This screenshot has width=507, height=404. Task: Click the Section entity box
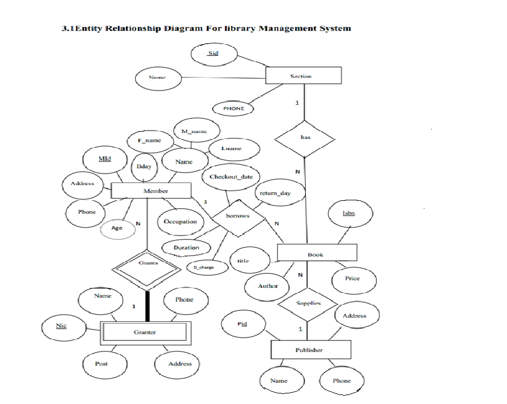point(303,76)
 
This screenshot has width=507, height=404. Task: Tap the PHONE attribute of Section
point(233,108)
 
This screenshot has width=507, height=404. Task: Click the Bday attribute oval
point(145,166)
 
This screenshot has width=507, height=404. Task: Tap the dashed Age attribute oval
point(117,228)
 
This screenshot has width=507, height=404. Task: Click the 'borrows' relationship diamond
point(237,216)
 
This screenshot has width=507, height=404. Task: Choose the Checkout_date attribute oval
point(231,177)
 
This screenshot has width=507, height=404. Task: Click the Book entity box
point(316,254)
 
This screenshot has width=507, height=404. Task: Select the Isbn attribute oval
point(350,213)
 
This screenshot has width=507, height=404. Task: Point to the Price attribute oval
point(352,278)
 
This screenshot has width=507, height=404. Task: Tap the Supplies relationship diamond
point(308,304)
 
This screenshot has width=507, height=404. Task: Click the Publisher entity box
point(310,350)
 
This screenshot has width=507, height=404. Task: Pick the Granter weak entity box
point(144,332)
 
